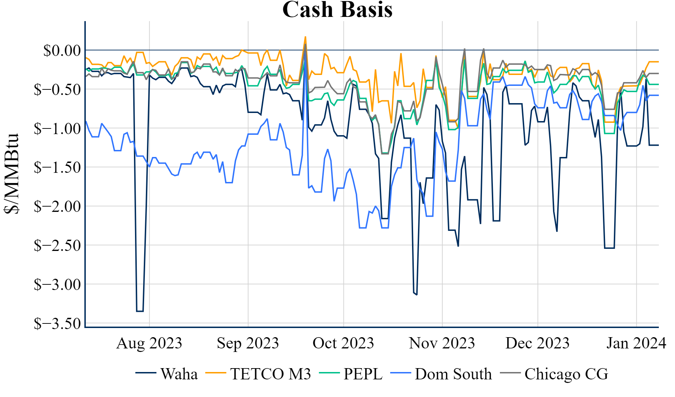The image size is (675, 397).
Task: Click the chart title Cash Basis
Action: (x=337, y=10)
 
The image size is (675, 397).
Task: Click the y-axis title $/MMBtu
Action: (x=11, y=174)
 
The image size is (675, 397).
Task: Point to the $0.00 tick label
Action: (x=62, y=50)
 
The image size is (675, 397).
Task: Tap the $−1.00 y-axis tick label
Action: (x=57, y=128)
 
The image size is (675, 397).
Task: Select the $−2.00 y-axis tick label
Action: (x=57, y=206)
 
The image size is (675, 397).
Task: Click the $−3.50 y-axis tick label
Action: (x=57, y=323)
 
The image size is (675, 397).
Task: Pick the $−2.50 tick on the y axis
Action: (x=57, y=245)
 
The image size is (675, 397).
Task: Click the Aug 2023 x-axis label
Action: (x=149, y=343)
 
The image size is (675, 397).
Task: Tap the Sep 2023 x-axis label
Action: (x=248, y=343)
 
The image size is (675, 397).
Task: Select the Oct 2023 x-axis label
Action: (x=343, y=343)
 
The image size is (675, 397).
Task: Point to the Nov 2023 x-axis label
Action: (x=442, y=343)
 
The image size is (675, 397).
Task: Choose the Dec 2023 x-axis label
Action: (x=538, y=343)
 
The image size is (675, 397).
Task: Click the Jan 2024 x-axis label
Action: (x=636, y=343)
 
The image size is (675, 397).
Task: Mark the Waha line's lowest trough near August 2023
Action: (x=140, y=311)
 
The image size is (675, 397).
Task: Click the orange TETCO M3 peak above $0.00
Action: (x=305, y=37)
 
